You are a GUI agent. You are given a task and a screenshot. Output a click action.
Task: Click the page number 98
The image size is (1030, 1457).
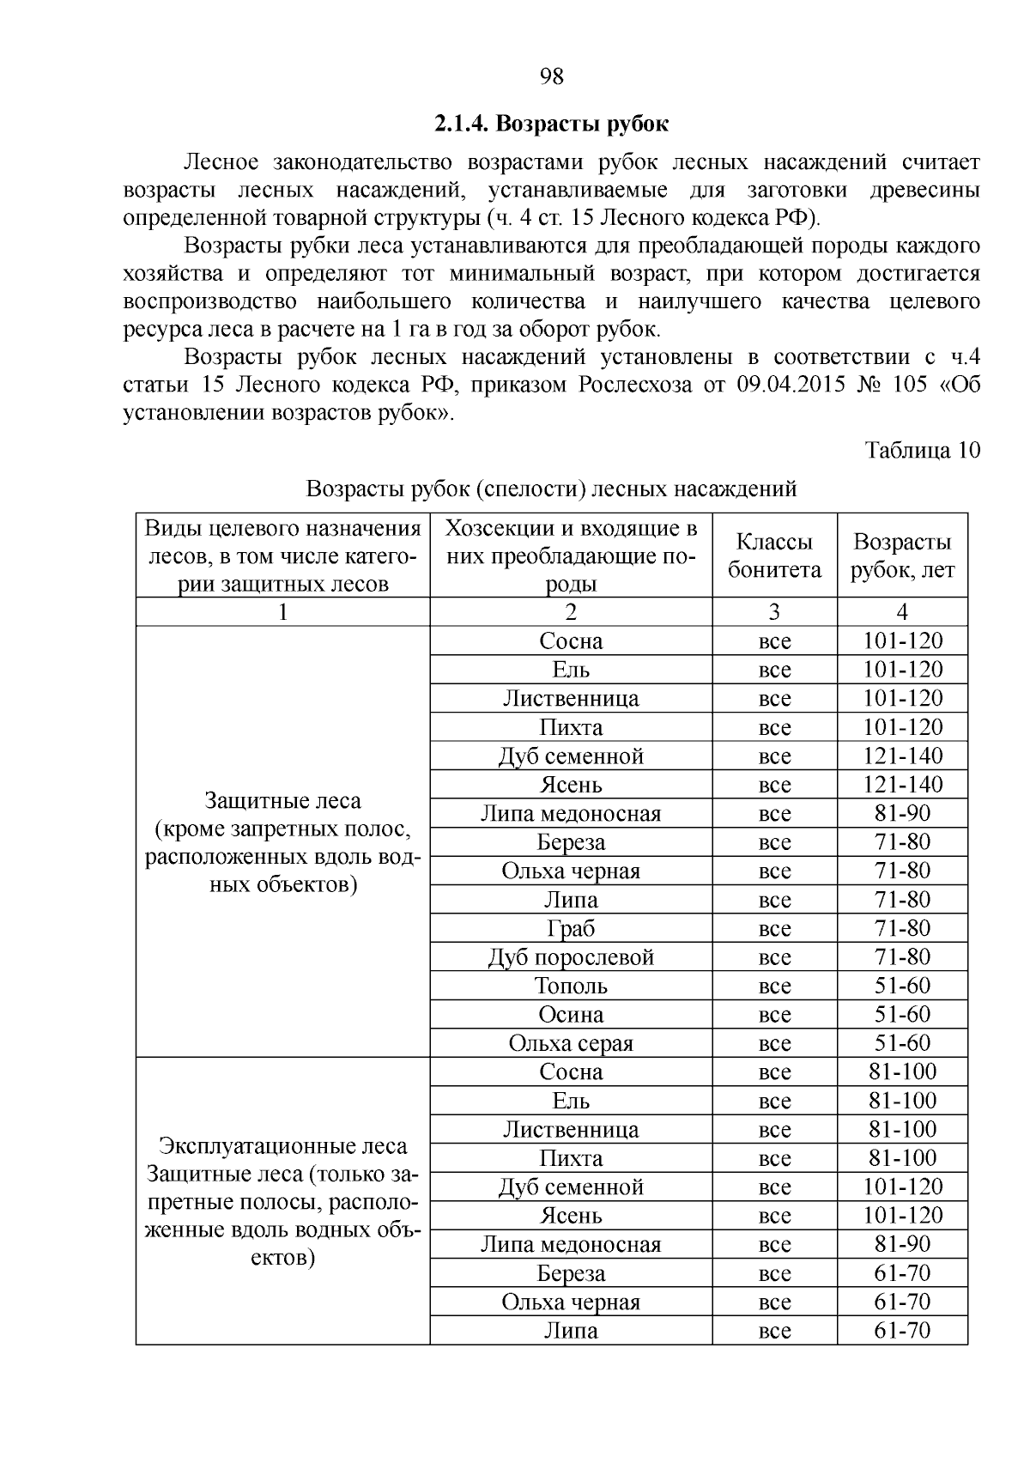[552, 77]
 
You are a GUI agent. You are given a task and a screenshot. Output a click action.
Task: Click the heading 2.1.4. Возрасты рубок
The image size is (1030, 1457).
[551, 124]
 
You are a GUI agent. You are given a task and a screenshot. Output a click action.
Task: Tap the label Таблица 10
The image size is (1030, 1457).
[922, 451]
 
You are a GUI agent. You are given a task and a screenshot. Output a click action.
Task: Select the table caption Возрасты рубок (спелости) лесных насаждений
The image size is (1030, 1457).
[551, 489]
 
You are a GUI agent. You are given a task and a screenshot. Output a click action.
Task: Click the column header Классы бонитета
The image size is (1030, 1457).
[773, 555]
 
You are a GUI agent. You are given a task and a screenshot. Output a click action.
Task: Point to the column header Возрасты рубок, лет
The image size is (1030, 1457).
[901, 555]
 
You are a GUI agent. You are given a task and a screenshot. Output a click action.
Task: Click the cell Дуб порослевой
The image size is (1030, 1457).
[571, 957]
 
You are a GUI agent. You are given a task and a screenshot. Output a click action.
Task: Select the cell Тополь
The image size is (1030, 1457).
[571, 986]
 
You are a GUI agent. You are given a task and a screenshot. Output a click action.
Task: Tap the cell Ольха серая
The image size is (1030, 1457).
[571, 1043]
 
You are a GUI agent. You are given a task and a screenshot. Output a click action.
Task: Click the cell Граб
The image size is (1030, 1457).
[571, 929]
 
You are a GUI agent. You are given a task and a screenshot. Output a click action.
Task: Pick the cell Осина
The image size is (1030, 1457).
[571, 1015]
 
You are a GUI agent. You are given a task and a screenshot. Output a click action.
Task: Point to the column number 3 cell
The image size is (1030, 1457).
[773, 611]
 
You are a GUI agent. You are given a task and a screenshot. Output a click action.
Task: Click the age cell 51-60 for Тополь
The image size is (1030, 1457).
[901, 986]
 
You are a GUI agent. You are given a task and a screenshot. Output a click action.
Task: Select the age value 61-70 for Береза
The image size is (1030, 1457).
[901, 1273]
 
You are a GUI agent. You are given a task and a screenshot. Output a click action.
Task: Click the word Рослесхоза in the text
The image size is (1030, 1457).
[634, 385]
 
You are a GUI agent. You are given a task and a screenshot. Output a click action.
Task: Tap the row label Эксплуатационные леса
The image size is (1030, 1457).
[282, 1146]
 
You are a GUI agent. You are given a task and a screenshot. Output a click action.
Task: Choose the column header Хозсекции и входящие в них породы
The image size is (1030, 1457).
[571, 555]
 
